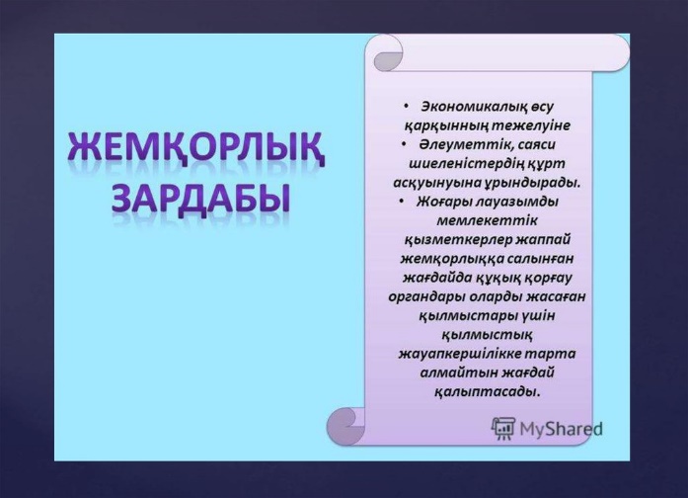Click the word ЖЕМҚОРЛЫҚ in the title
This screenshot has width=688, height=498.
[196, 148]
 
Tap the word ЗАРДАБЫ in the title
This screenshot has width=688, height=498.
[201, 198]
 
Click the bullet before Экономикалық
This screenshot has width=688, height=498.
[406, 106]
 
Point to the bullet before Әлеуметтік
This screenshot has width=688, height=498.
[404, 143]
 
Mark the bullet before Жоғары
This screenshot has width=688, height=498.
[402, 201]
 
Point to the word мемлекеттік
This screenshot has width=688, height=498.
[487, 220]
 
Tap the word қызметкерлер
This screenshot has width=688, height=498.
[458, 240]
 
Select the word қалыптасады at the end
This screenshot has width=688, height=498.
[487, 391]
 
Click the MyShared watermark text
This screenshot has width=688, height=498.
[562, 429]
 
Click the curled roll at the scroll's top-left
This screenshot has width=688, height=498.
[388, 53]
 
